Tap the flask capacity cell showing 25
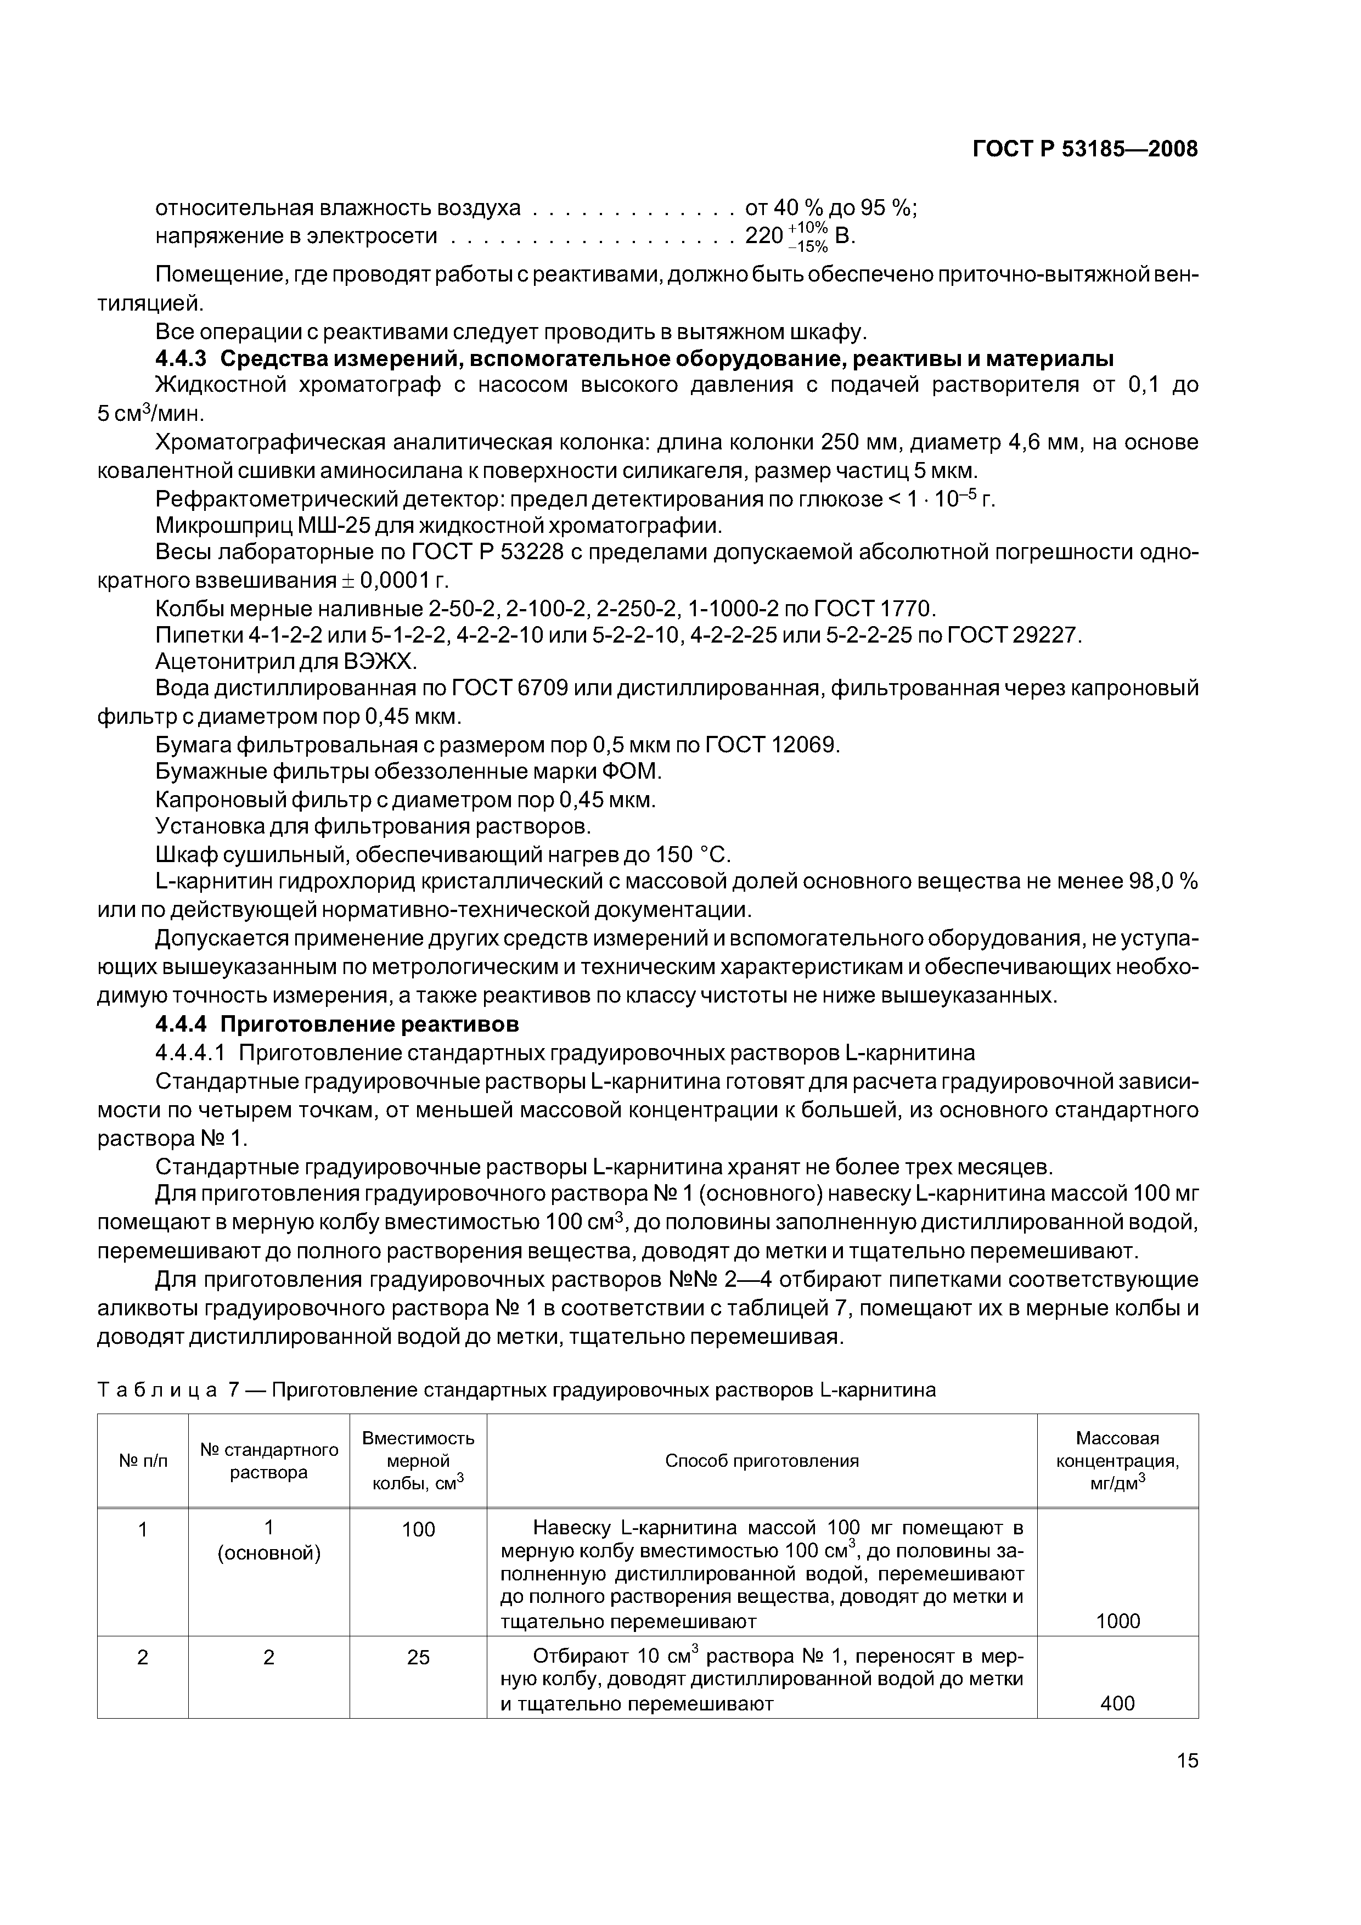(x=418, y=1658)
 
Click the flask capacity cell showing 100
(x=418, y=1529)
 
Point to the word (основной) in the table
(x=268, y=1553)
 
